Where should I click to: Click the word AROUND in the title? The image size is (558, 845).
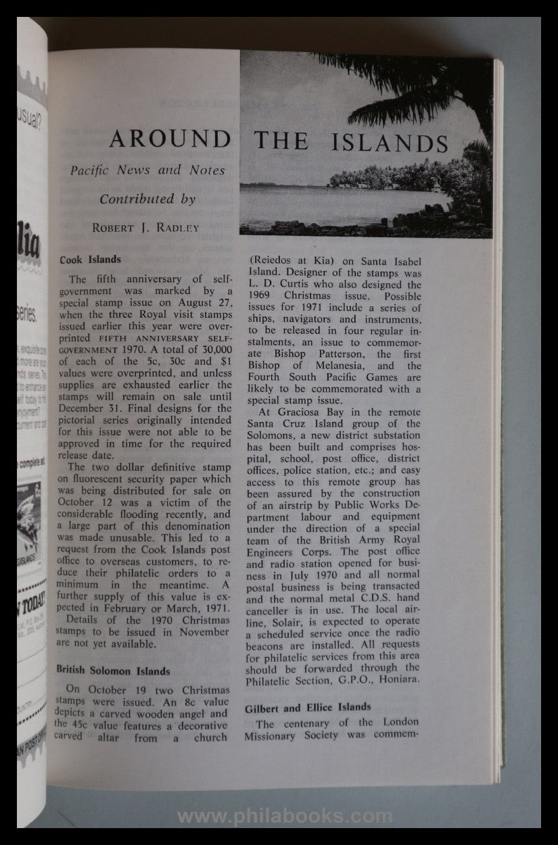[160, 141]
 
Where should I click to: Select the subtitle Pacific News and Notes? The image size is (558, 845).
[148, 171]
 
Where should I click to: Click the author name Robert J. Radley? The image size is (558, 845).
[146, 227]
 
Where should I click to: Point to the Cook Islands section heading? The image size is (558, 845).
[90, 259]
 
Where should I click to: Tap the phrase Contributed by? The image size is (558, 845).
[147, 199]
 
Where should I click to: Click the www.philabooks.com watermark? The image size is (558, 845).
[284, 817]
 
